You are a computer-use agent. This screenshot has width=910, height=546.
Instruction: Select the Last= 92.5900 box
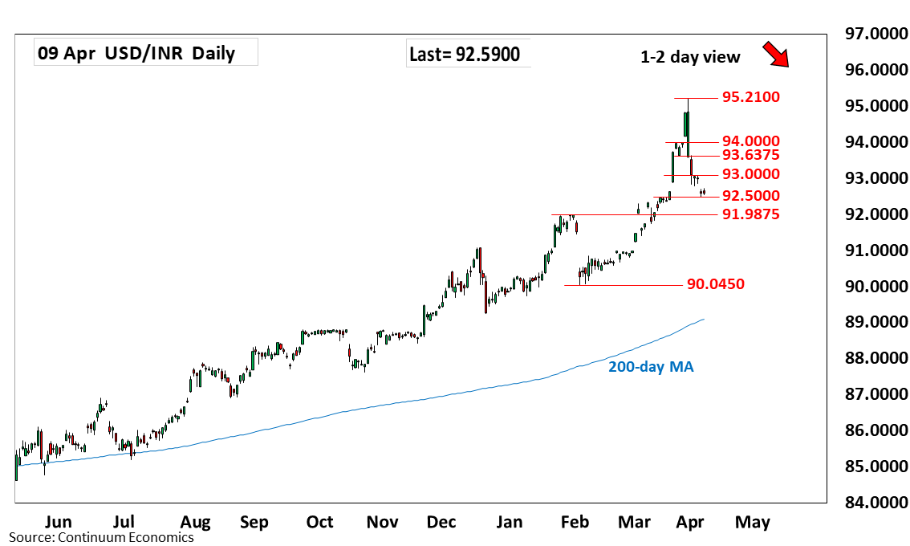pyautogui.click(x=464, y=55)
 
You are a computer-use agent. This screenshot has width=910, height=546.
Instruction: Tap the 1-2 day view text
pyautogui.click(x=689, y=57)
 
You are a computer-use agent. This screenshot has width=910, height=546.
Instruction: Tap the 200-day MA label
pyautogui.click(x=650, y=367)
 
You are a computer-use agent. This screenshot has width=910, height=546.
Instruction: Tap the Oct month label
pyautogui.click(x=319, y=522)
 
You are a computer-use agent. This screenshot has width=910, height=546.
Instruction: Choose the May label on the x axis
pyautogui.click(x=753, y=522)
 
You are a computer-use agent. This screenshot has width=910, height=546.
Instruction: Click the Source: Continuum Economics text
pyautogui.click(x=101, y=537)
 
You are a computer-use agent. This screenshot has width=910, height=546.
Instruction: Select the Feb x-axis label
pyautogui.click(x=574, y=522)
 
